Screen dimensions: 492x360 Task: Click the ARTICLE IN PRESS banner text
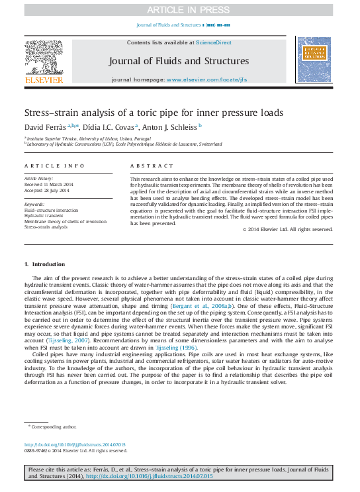tap(179, 9)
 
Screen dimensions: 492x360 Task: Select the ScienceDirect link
tap(214, 42)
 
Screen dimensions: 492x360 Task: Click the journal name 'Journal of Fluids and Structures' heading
tap(179, 61)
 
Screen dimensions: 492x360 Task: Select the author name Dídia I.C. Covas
tap(109, 126)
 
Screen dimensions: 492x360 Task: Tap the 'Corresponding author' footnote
tap(54, 428)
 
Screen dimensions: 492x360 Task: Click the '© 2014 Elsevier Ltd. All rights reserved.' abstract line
tap(287, 229)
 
